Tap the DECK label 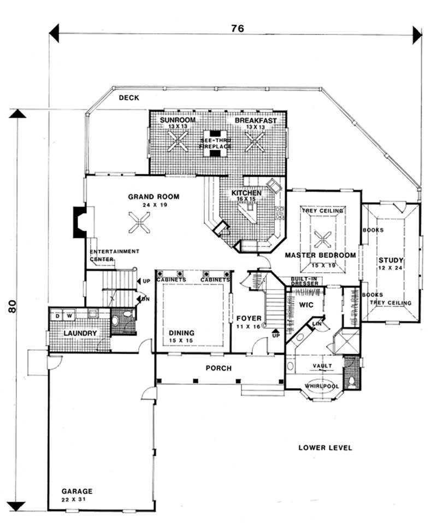click(131, 98)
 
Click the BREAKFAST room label click(256, 120)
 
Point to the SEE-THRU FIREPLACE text click(215, 144)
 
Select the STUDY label click(391, 260)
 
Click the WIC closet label click(306, 304)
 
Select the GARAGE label click(76, 491)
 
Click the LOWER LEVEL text click(325, 448)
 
